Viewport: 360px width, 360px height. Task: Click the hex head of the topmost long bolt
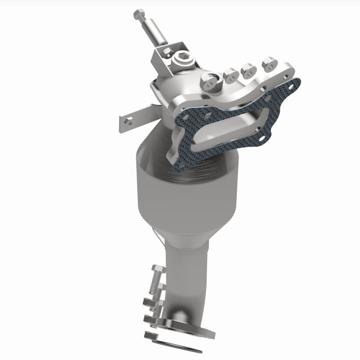pos(137,15)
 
